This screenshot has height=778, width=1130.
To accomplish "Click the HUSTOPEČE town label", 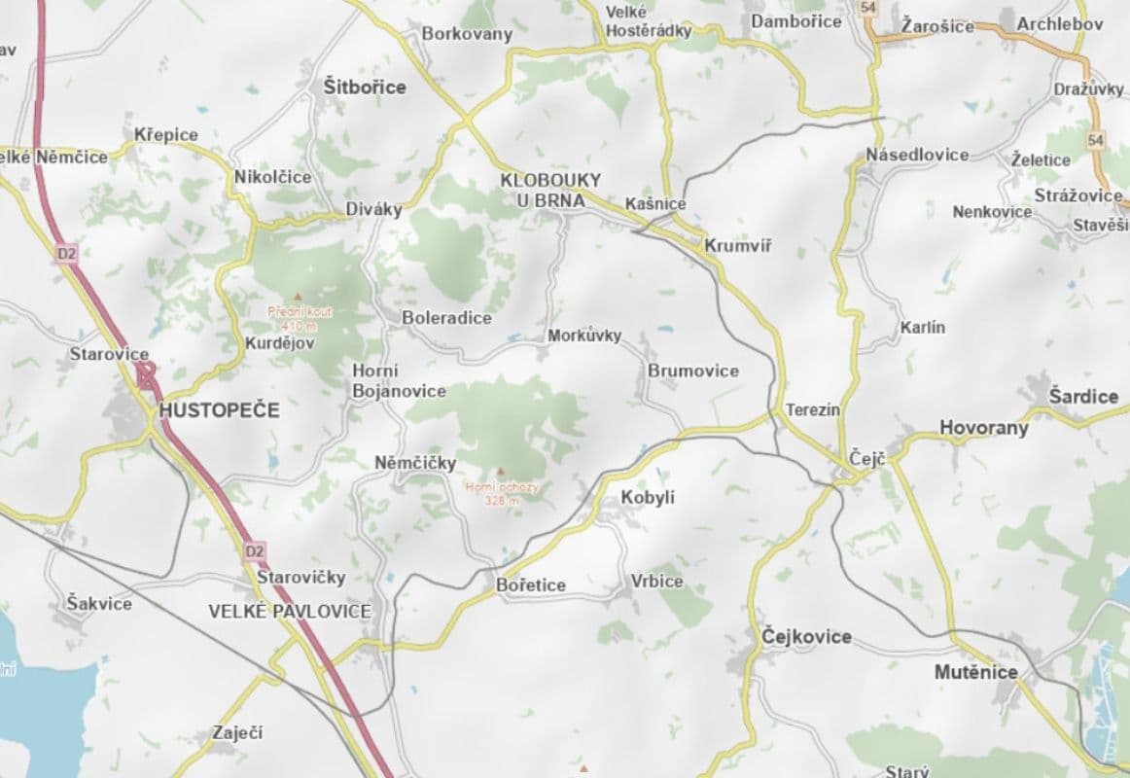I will (219, 410).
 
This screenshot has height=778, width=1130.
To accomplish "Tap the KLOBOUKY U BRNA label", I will (550, 191).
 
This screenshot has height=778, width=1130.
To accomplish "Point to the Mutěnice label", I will (975, 672).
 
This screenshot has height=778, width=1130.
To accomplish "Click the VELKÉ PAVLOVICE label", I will (290, 611).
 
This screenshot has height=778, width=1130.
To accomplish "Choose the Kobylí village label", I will (648, 498).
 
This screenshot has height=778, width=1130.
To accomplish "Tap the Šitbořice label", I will (365, 88).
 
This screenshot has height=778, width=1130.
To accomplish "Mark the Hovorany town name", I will (983, 428).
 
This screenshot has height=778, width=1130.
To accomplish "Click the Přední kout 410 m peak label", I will (300, 318).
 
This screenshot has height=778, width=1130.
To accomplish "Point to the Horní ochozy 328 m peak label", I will (500, 493).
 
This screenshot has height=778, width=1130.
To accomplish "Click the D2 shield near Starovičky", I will (254, 551).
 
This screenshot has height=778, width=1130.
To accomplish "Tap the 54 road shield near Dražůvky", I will (1098, 140).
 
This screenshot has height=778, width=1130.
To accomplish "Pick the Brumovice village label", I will (693, 371).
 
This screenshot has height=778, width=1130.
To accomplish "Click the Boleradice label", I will (447, 318).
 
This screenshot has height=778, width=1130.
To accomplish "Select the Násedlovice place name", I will (917, 155).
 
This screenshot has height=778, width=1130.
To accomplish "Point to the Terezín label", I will (812, 410).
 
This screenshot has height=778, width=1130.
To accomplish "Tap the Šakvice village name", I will (99, 603).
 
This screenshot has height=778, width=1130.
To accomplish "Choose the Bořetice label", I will (530, 585).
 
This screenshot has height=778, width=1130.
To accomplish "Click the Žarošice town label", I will (936, 25).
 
